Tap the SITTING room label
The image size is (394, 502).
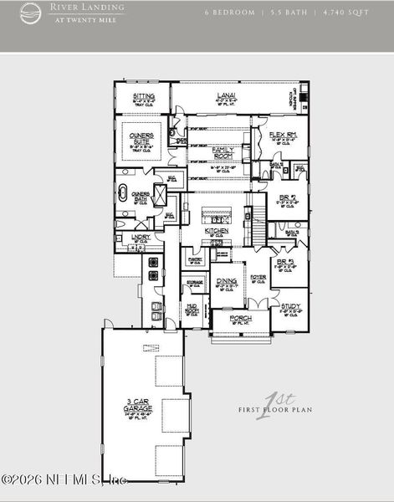(x=144, y=97)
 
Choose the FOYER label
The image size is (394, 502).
(x=258, y=277)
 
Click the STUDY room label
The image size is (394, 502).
(x=290, y=306)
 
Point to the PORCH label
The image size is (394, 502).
(x=241, y=320)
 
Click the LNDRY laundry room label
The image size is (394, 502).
(x=141, y=237)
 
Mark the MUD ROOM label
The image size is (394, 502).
(x=192, y=309)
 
